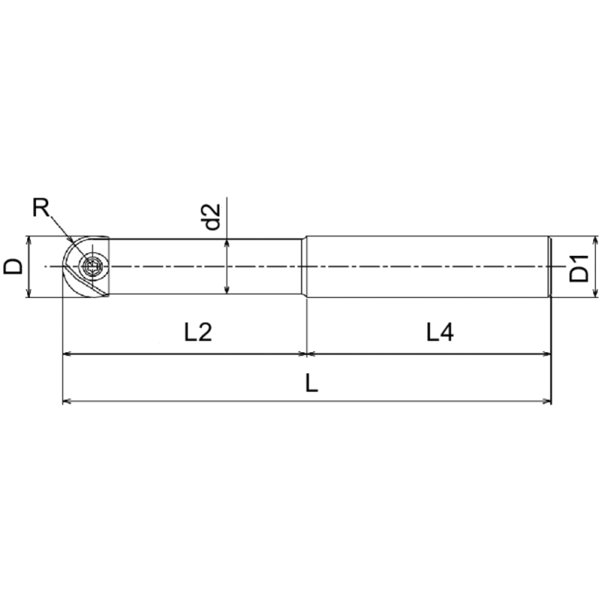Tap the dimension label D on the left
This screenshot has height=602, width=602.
tap(13, 266)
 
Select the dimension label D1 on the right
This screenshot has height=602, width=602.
tap(579, 268)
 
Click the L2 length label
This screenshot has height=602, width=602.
tap(199, 332)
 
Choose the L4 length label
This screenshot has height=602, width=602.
tap(440, 332)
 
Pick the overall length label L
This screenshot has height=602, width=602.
tap(312, 383)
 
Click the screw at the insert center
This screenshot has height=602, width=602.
tap(93, 266)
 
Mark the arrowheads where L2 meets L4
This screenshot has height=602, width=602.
tap(306, 352)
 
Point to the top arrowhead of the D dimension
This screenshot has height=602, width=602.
tap(29, 242)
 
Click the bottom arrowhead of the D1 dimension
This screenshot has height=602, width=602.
tap(595, 293)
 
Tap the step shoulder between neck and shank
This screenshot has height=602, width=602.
tap(305, 267)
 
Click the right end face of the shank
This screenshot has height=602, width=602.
tap(550, 267)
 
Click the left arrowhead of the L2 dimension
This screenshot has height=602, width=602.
tap(67, 352)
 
